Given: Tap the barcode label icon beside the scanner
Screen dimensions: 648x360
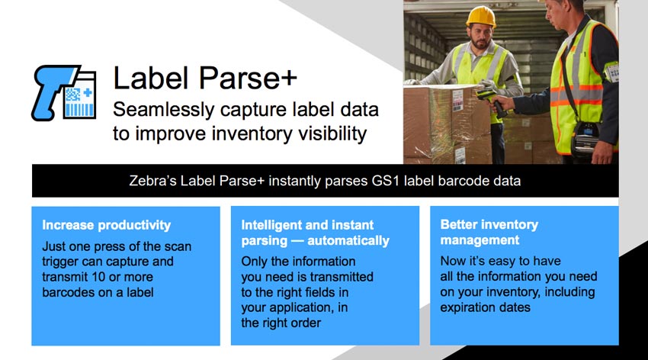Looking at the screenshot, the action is pyautogui.click(x=81, y=96).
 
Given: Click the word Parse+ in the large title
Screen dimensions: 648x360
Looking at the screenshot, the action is pyautogui.click(x=247, y=77).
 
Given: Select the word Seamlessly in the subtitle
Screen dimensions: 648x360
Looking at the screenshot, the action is pyautogui.click(x=164, y=110).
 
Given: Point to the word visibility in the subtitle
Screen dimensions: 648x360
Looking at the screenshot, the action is pyautogui.click(x=332, y=134).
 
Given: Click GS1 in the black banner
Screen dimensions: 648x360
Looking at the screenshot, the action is pyautogui.click(x=386, y=181).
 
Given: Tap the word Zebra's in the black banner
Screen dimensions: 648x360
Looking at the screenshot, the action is pyautogui.click(x=152, y=181).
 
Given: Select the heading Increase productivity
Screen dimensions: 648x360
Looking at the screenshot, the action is pyautogui.click(x=106, y=225).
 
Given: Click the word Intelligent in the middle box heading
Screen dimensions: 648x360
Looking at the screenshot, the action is pyautogui.click(x=271, y=225).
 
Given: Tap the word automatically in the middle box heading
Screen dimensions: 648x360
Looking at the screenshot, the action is pyautogui.click(x=348, y=240).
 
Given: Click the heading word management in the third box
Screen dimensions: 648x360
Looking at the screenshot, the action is pyautogui.click(x=480, y=240).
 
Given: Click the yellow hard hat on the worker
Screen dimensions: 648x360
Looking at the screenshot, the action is pyautogui.click(x=480, y=17).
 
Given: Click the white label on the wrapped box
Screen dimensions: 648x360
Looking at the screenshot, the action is pyautogui.click(x=457, y=100).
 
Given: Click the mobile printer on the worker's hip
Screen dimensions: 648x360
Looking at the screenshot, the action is pyautogui.click(x=585, y=138).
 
